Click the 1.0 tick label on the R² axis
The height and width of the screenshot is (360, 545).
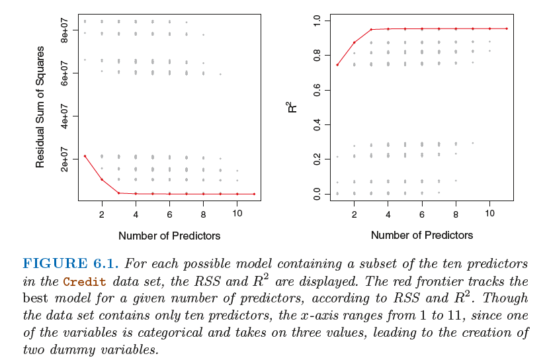[316, 21]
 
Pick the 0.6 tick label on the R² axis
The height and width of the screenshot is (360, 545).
[316, 90]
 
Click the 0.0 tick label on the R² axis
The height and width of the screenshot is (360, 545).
[316, 194]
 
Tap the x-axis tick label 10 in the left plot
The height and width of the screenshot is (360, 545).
[237, 214]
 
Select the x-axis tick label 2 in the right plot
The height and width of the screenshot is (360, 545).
[354, 214]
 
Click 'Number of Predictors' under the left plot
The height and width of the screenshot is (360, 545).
[169, 235]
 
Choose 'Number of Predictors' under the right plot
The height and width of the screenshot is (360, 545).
[422, 235]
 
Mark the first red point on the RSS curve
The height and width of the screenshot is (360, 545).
[85, 156]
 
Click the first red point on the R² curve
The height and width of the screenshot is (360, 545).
[337, 65]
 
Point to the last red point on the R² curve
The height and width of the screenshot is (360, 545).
[507, 28]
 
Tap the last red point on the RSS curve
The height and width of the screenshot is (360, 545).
[254, 194]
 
